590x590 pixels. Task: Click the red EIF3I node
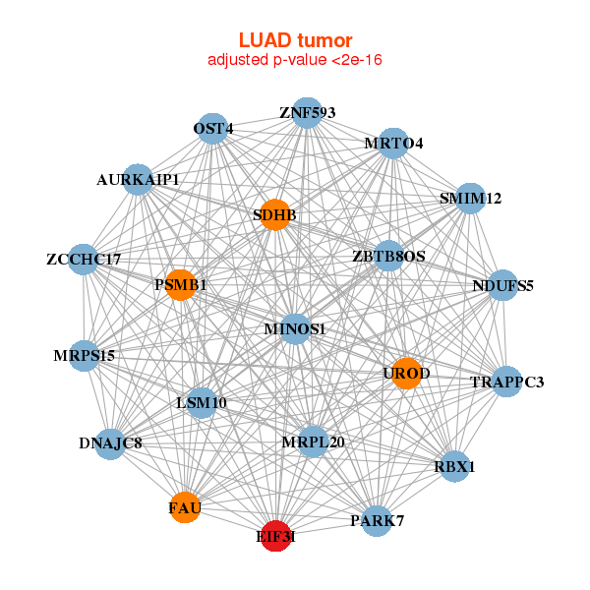point(276,536)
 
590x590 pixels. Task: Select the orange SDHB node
point(276,214)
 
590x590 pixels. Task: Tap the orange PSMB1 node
point(181,285)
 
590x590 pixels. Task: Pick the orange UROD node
point(406,374)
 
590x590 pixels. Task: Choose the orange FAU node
point(185,507)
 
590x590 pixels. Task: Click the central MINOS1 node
point(295,328)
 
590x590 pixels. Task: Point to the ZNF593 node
point(307,112)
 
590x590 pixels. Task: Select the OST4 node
point(213,129)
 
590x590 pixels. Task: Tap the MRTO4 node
point(393,144)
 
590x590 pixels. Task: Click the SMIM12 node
point(470,199)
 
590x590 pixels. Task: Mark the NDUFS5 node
point(502,286)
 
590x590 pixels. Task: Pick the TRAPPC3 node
point(506,381)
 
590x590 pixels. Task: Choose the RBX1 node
point(454,466)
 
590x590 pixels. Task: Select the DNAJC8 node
point(111,443)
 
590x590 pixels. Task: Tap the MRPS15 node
point(85,355)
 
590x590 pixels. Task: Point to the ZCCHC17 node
point(84,260)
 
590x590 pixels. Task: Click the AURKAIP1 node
point(138,180)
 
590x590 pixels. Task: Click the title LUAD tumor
point(295,40)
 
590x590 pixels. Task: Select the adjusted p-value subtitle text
point(295,60)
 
